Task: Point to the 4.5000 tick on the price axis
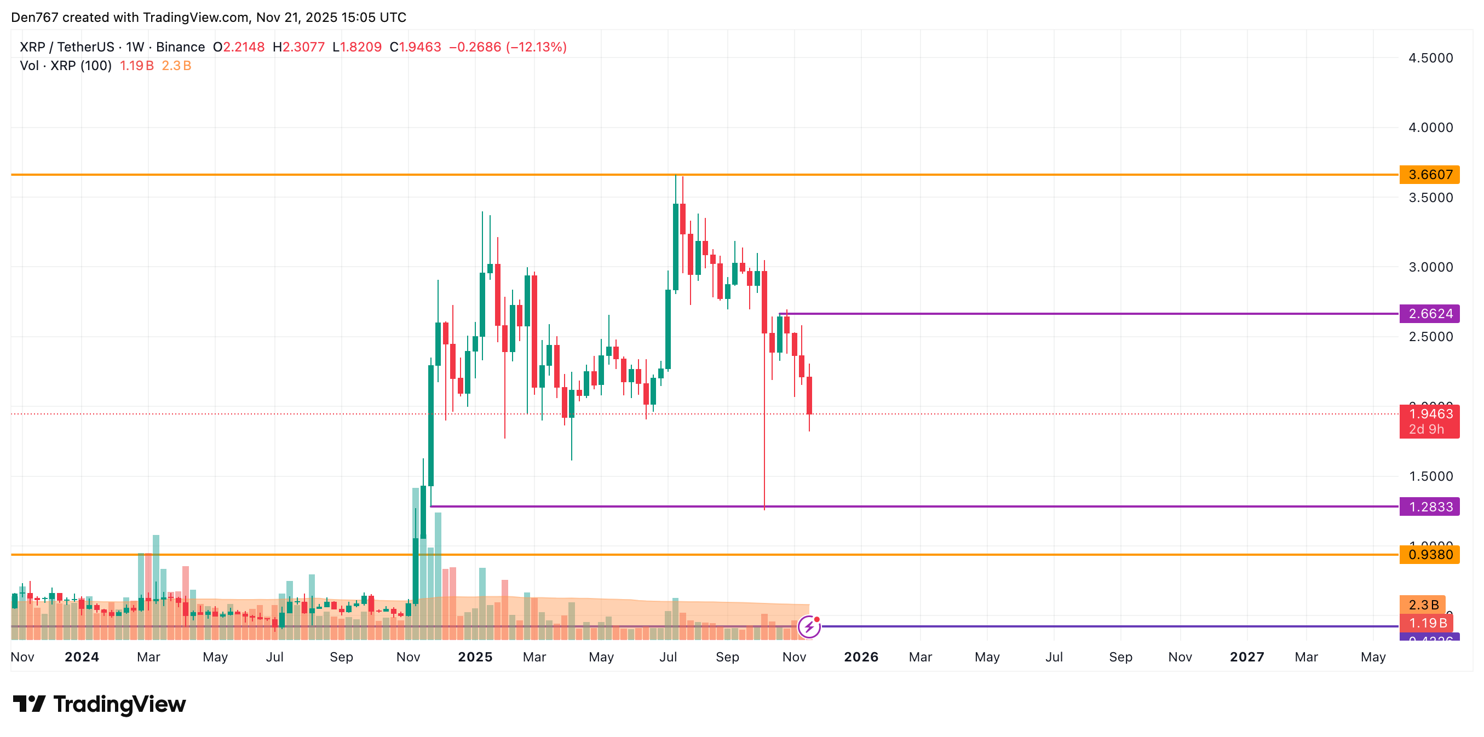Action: point(1430,57)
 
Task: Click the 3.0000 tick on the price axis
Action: point(1430,267)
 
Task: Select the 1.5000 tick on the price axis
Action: point(1430,476)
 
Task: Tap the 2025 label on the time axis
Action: point(475,657)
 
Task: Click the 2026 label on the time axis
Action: point(861,657)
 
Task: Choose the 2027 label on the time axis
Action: point(1247,657)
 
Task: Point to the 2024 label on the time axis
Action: point(82,657)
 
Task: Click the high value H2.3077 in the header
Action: point(298,47)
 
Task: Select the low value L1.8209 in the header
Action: point(356,47)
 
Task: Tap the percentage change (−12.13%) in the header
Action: point(536,47)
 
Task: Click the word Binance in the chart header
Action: point(180,47)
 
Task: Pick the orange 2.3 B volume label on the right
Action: point(1423,604)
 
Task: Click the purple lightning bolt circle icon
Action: point(809,626)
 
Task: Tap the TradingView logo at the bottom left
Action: point(99,704)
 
